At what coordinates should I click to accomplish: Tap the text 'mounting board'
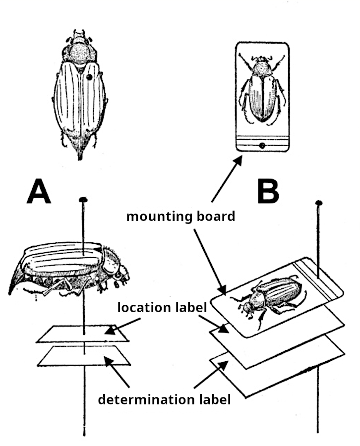pos(180,217)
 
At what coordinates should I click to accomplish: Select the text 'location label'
pos(162,308)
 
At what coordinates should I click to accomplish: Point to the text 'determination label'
pos(164,399)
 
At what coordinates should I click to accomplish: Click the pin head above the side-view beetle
pos(83,200)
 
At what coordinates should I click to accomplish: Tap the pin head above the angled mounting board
pos(319,203)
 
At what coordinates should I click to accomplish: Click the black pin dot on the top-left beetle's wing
pos(89,77)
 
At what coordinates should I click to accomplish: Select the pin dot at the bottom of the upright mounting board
pos(261,145)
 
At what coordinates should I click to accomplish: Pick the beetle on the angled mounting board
pos(270,297)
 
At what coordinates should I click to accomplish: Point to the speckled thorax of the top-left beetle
pos(79,52)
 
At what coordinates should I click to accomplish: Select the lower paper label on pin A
pos(84,356)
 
